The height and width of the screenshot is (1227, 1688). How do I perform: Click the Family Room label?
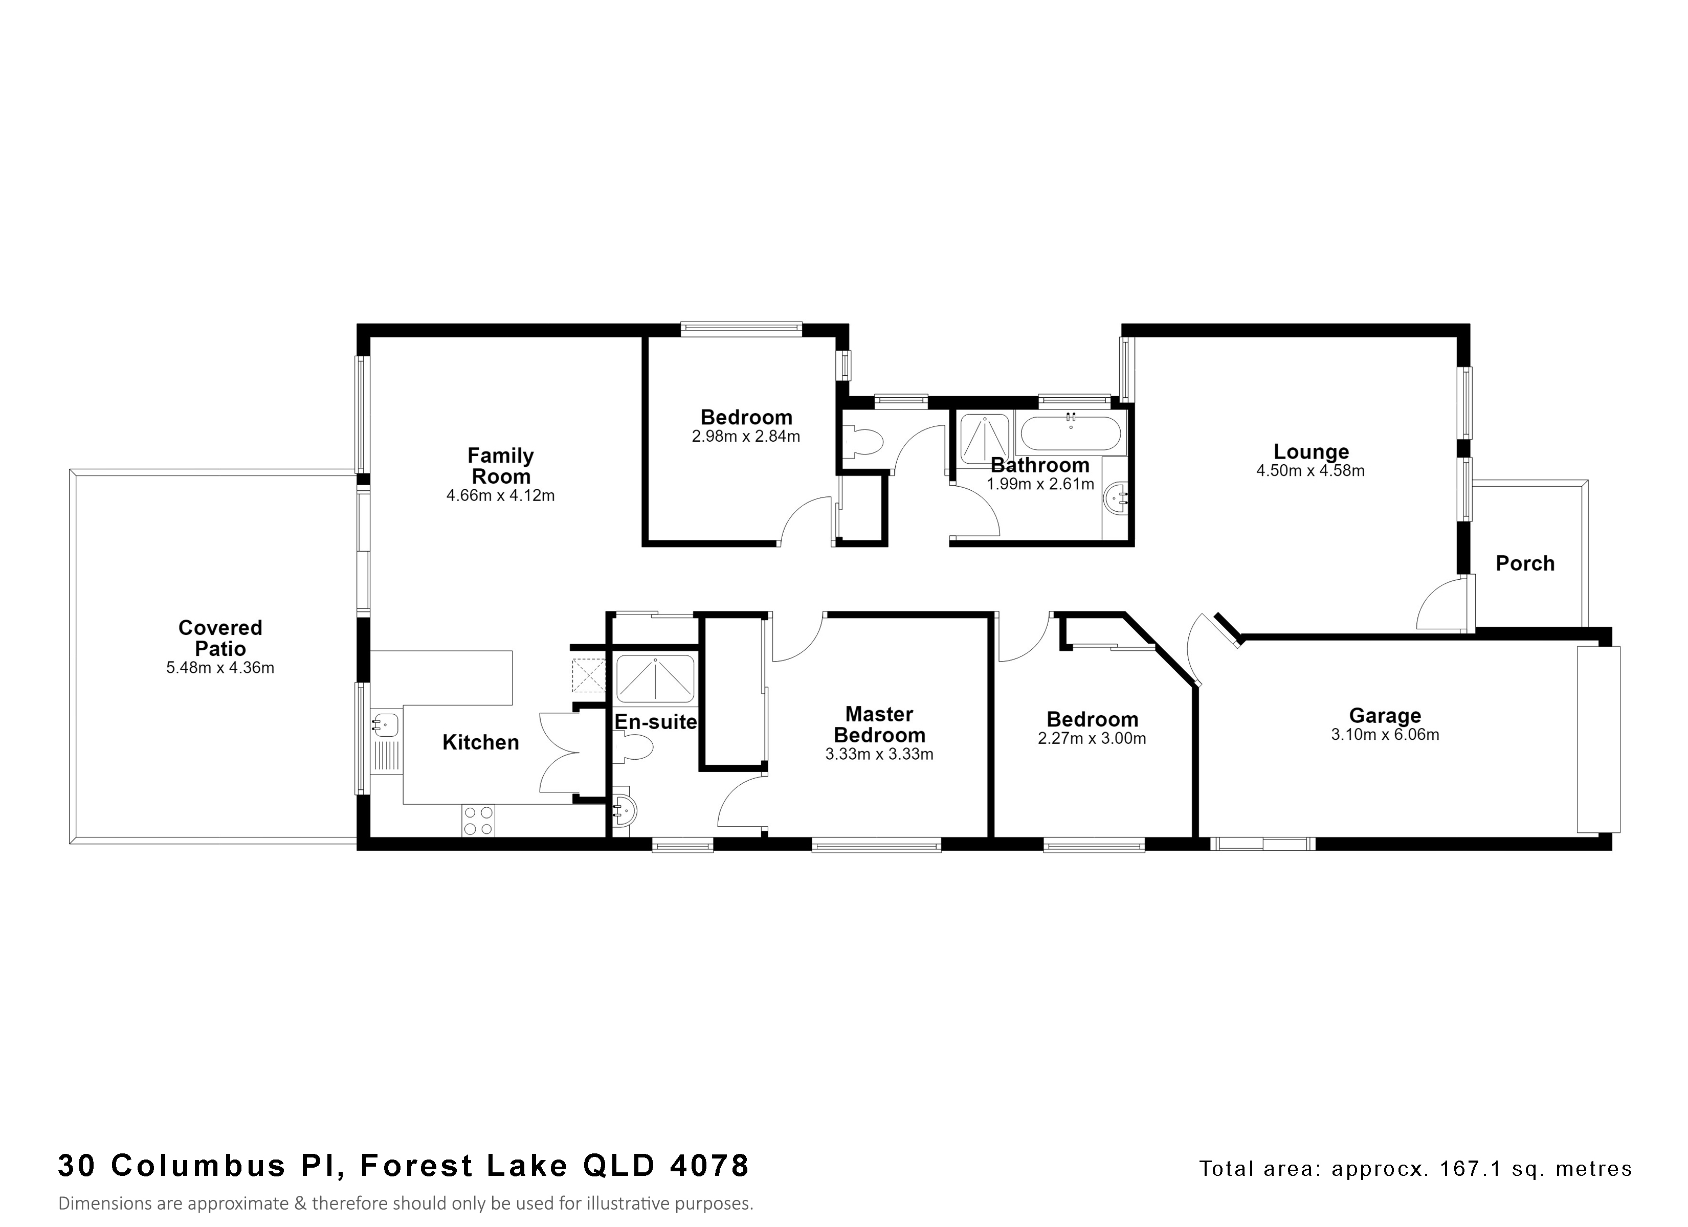pyautogui.click(x=501, y=466)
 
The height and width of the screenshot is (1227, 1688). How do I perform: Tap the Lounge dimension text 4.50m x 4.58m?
pyautogui.click(x=1311, y=470)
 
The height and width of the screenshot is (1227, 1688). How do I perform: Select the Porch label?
pyautogui.click(x=1525, y=563)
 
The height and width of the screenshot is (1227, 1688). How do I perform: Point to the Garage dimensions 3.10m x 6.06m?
pyautogui.click(x=1385, y=735)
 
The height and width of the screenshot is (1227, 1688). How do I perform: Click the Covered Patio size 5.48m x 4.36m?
pyautogui.click(x=220, y=668)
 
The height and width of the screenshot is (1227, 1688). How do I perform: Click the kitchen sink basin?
pyautogui.click(x=386, y=722)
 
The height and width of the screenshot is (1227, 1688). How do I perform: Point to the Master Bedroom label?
pyautogui.click(x=879, y=725)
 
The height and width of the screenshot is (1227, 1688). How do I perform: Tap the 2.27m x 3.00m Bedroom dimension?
pyautogui.click(x=1092, y=739)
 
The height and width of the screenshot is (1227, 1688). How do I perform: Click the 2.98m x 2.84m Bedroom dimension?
pyautogui.click(x=746, y=437)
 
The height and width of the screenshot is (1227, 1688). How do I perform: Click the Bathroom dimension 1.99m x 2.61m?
pyautogui.click(x=1040, y=484)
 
